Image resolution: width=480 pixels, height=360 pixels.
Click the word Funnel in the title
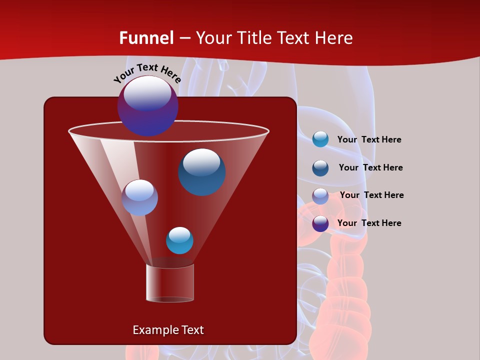(x=146, y=38)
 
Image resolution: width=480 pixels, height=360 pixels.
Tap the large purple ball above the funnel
(x=147, y=105)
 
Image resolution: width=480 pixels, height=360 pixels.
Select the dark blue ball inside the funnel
(x=201, y=171)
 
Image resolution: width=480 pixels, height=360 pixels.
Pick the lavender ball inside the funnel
(x=139, y=197)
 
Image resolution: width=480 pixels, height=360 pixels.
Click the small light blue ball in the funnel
(x=179, y=240)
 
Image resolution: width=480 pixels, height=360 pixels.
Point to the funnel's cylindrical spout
(x=170, y=282)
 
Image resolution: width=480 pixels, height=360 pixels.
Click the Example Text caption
(x=168, y=330)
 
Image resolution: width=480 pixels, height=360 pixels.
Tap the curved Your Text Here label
(x=147, y=73)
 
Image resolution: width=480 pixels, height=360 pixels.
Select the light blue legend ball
(x=320, y=139)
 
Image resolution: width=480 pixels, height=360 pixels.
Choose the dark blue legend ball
(x=320, y=168)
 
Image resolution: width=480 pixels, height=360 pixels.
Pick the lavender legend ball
(x=320, y=196)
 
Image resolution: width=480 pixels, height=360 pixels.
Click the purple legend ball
(x=320, y=223)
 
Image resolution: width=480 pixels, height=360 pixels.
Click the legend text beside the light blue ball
(x=369, y=140)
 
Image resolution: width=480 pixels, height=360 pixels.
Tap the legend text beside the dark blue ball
(x=370, y=168)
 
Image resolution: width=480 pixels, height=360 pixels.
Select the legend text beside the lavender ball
(x=371, y=195)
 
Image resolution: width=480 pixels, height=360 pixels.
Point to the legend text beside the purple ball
(x=369, y=223)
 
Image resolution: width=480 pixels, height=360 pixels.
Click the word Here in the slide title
(x=335, y=38)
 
